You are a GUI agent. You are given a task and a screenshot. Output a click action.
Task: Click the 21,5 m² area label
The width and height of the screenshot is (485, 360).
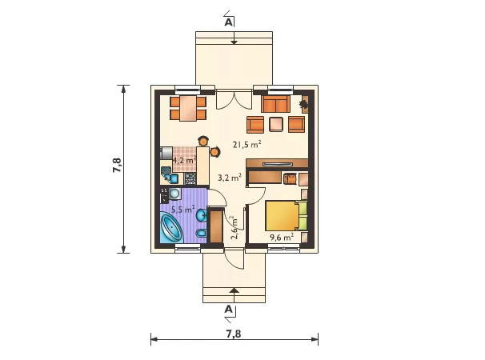(247, 145)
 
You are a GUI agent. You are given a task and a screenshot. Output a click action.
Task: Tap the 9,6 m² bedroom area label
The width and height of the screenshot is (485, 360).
(282, 238)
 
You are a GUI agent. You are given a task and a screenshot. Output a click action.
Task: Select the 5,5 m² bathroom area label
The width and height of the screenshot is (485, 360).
(183, 210)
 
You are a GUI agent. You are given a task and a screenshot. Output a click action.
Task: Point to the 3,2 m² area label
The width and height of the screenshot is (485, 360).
(230, 178)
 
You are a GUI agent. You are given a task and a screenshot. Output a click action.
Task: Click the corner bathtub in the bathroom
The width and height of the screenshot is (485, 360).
(171, 229)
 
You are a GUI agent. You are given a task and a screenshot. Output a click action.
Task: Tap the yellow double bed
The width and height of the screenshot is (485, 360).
(286, 215)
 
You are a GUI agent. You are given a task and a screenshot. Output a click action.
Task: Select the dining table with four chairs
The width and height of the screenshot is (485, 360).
(188, 108)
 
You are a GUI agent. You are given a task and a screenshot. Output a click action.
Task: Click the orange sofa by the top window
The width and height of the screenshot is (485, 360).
(275, 104)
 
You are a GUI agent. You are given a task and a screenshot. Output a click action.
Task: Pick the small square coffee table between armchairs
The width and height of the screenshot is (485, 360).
(276, 124)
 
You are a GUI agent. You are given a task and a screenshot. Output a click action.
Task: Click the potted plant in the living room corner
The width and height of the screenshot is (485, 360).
(304, 104)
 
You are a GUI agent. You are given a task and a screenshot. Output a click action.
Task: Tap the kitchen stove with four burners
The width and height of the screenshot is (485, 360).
(190, 178)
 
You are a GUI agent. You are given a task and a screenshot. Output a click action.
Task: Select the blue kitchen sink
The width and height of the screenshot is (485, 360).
(171, 178)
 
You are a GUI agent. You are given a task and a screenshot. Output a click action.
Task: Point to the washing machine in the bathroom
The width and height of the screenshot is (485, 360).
(174, 194)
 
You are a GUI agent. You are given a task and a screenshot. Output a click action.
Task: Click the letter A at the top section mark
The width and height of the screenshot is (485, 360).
(228, 22)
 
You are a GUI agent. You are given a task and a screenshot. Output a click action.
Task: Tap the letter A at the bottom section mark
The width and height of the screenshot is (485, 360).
(228, 309)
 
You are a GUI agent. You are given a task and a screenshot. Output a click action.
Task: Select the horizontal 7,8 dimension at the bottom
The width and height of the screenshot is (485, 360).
(234, 339)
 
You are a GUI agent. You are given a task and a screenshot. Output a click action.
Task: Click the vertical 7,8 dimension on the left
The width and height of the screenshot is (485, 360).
(123, 169)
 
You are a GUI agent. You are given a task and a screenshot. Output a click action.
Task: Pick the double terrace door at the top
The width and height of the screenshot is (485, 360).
(234, 99)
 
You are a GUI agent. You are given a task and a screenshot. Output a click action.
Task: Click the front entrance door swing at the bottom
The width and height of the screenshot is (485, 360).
(234, 258)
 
